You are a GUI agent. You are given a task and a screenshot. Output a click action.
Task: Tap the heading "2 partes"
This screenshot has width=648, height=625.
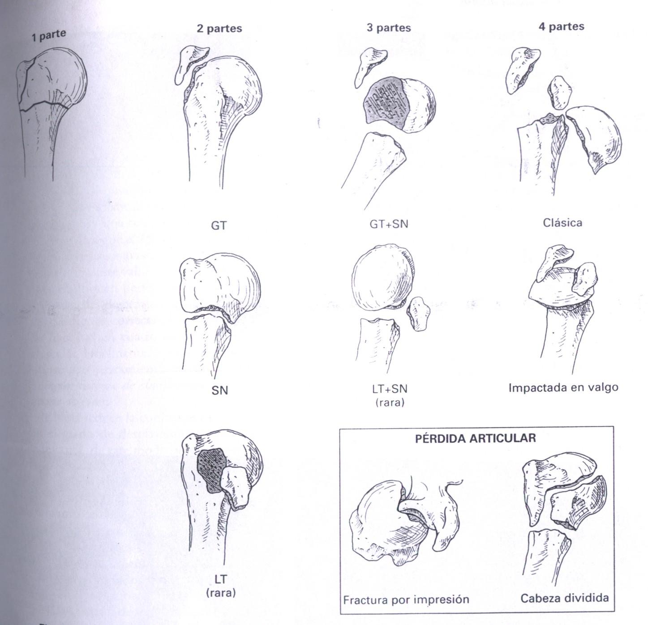click(219, 29)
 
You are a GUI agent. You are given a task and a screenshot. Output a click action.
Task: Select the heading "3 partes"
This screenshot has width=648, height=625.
click(388, 28)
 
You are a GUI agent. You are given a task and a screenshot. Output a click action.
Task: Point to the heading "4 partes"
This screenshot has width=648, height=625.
click(561, 26)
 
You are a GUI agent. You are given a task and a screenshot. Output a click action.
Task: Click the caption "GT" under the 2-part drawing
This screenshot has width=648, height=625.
click(219, 225)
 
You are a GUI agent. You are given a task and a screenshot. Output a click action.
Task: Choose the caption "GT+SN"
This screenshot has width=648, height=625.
click(389, 223)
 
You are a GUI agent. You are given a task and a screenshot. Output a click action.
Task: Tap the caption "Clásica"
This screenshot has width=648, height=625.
click(562, 222)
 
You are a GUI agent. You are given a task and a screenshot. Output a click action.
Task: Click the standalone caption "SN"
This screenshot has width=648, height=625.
click(219, 391)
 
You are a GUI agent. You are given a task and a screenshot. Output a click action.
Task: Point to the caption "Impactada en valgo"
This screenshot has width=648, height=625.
click(563, 387)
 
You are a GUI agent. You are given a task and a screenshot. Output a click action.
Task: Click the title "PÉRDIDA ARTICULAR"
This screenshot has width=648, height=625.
click(475, 438)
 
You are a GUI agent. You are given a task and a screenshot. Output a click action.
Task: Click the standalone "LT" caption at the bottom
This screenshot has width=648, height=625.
click(220, 579)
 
